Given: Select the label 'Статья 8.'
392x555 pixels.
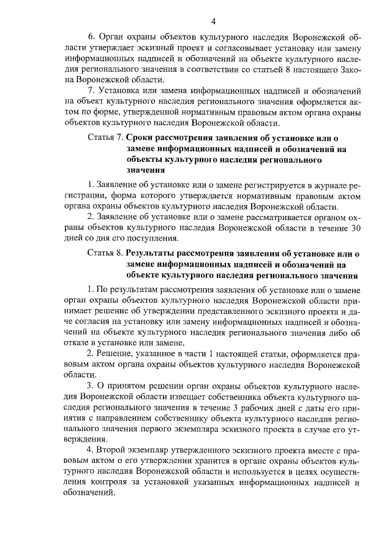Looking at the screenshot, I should point(105,253).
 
